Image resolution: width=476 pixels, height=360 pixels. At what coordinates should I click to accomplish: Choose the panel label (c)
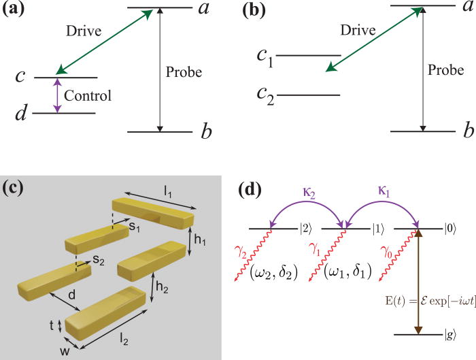click(15, 189)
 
